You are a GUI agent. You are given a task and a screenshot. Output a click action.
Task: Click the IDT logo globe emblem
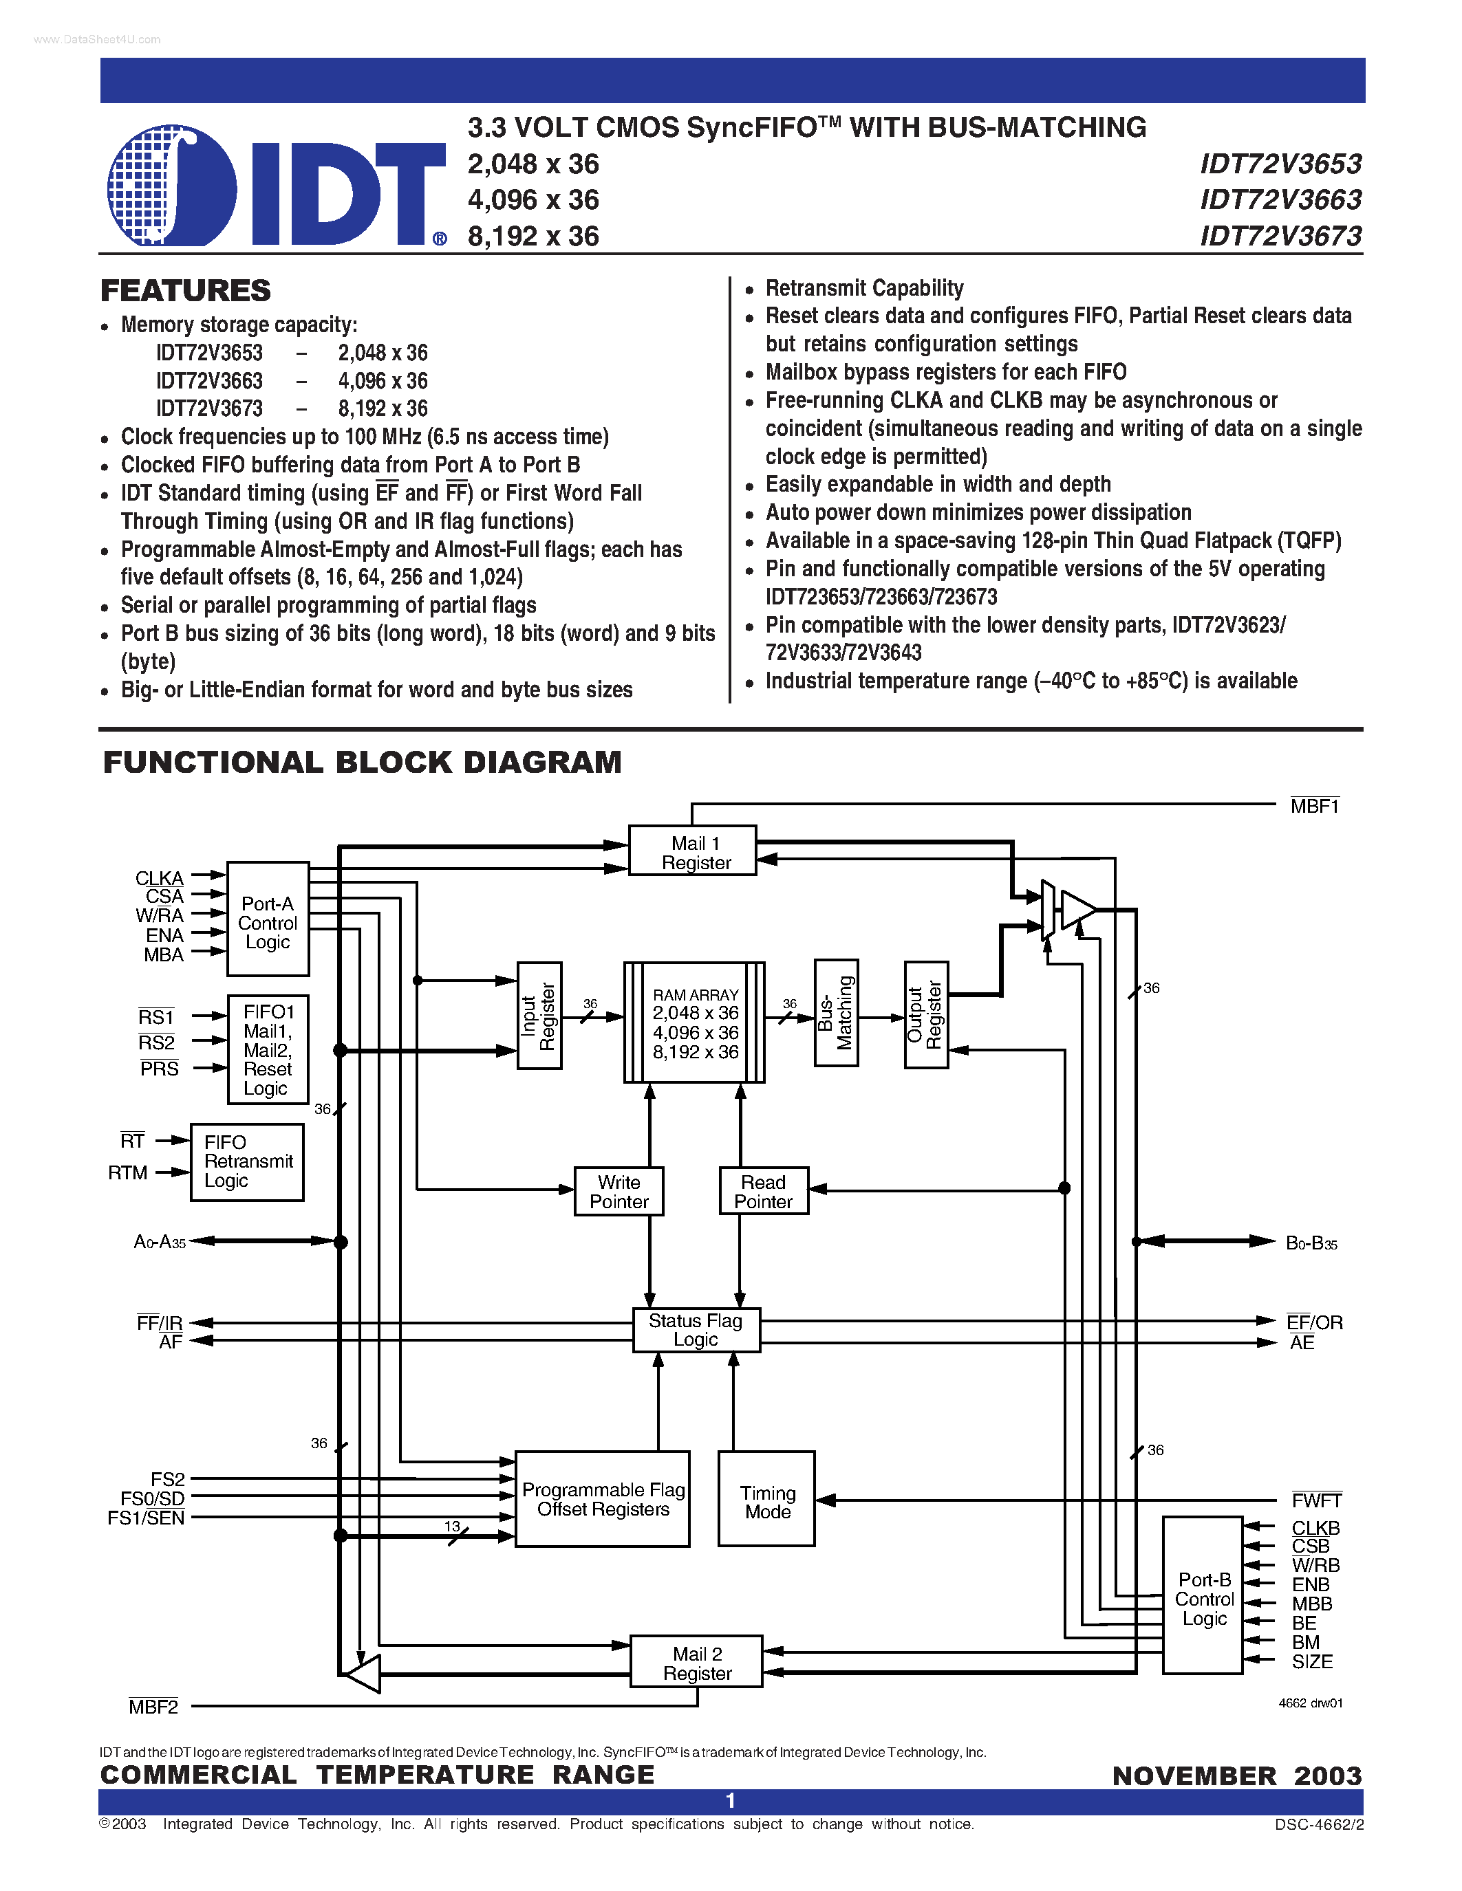[171, 185]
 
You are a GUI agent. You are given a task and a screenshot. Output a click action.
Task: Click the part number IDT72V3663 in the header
[1280, 200]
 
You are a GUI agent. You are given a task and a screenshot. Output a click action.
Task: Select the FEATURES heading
[185, 291]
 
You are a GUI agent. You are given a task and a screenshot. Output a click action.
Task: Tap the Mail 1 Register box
[692, 852]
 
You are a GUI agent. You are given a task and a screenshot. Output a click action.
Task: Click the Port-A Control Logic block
[268, 920]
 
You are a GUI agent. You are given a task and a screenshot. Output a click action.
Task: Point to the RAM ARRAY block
[695, 1023]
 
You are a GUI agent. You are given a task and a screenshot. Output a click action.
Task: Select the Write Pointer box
[619, 1192]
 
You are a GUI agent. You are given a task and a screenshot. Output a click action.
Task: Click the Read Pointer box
[763, 1192]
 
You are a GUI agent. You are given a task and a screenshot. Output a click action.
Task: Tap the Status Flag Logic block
[696, 1330]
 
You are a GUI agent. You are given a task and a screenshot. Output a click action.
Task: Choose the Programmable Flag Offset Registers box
[603, 1499]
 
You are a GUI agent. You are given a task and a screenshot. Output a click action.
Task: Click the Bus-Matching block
[836, 1013]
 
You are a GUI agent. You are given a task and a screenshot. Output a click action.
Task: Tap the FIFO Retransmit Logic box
[247, 1162]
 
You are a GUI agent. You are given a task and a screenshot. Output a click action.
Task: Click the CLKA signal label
[160, 878]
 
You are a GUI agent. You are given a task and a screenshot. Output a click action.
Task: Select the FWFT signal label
[1315, 1500]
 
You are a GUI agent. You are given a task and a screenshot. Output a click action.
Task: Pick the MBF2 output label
[153, 1707]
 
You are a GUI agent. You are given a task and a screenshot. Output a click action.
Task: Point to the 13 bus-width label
[452, 1527]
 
